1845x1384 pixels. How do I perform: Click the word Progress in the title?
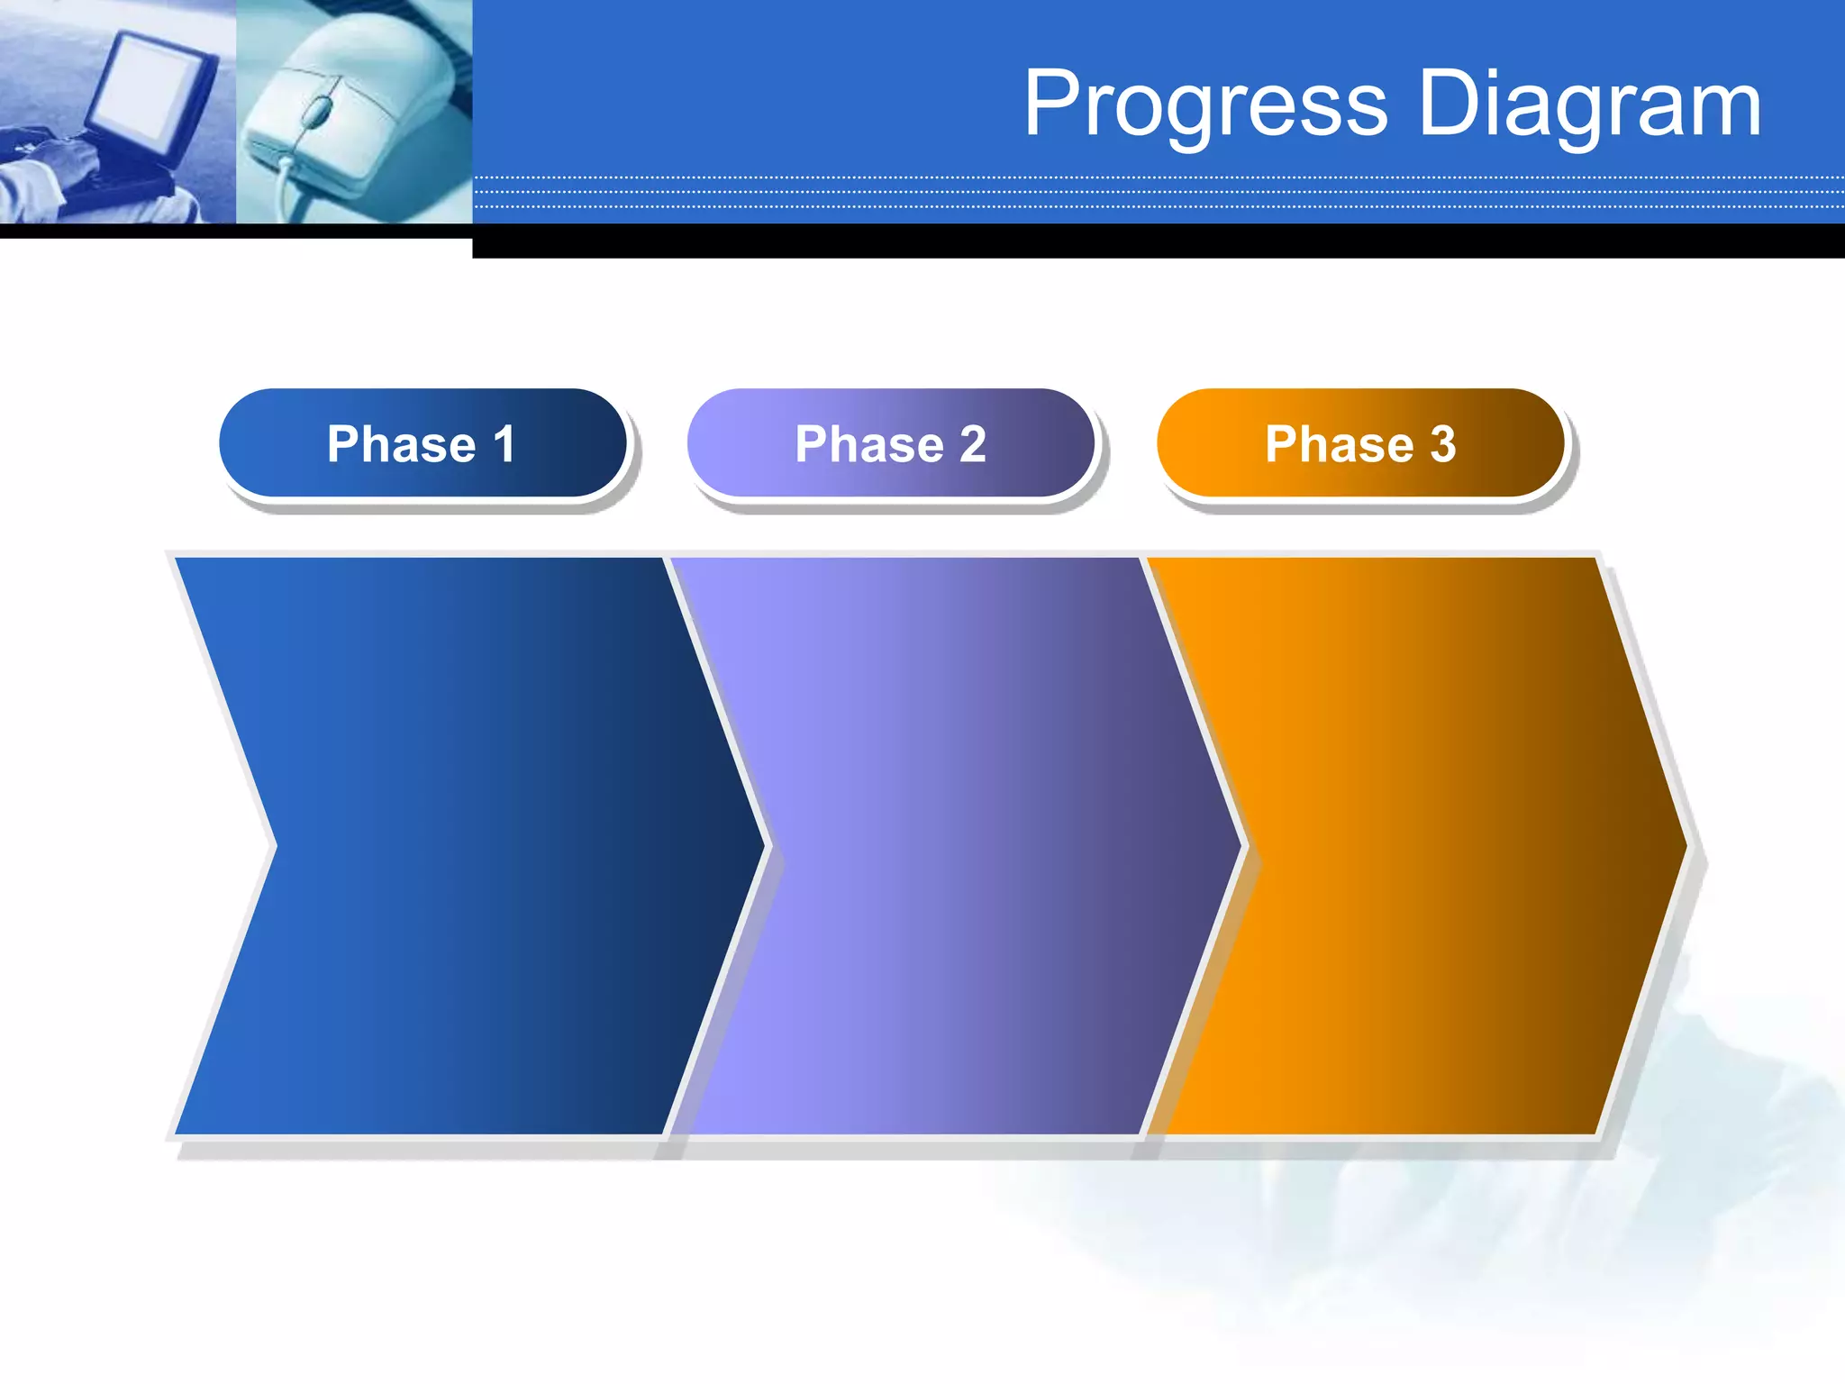(1205, 105)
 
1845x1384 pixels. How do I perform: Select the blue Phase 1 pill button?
(423, 443)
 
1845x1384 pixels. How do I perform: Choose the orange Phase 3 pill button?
(1360, 443)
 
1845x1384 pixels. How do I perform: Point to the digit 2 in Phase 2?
(972, 443)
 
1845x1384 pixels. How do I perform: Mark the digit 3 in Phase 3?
(1443, 443)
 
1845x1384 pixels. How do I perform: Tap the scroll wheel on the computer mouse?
(316, 112)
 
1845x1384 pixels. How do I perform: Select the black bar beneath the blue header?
(1153, 241)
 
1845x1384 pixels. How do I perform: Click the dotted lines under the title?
(1153, 192)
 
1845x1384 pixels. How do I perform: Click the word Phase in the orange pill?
(1339, 443)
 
